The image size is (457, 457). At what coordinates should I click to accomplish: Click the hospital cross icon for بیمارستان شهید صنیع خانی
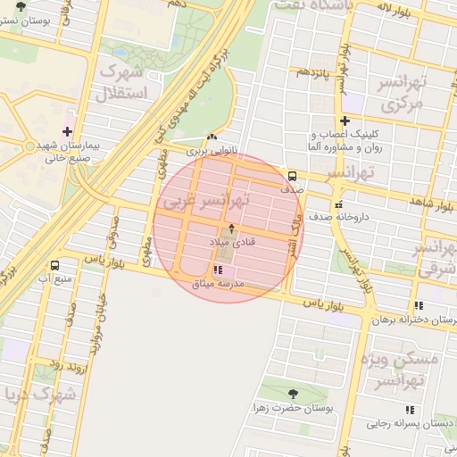coord(66,130)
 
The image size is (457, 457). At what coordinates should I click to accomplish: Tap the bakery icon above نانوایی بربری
coord(212,137)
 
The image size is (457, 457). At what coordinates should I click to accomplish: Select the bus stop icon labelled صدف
coord(293,175)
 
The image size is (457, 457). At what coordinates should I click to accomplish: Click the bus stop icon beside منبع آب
coord(56,266)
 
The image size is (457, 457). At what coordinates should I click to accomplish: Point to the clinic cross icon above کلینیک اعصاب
coord(345,120)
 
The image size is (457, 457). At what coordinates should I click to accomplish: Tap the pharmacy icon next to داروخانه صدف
coord(337,205)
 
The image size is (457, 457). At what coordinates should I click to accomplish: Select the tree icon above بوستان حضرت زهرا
coord(294,393)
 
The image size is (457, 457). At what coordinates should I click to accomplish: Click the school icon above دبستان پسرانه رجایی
coord(410,410)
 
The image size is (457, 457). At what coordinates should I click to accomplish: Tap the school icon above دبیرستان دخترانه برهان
coord(420,306)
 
